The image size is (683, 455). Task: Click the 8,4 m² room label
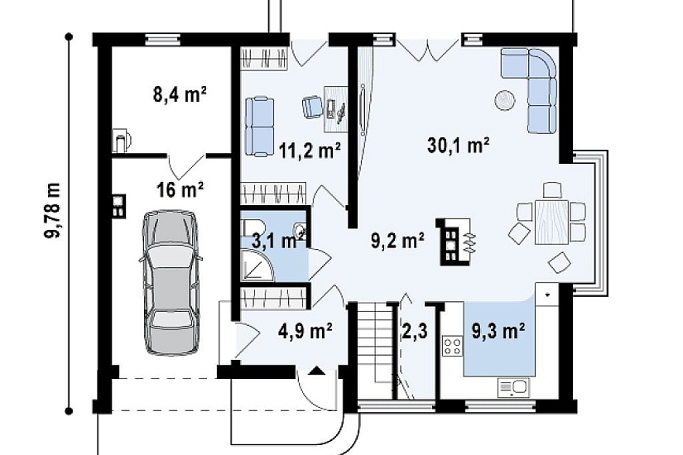(x=180, y=94)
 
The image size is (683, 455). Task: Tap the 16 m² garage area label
(x=180, y=189)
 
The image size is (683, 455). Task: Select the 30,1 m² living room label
(x=458, y=146)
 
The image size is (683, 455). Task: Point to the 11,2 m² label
(x=310, y=151)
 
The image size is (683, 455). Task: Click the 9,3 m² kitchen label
(x=498, y=332)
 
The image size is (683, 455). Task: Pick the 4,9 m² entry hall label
(x=305, y=332)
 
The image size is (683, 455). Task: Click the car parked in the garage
(x=171, y=283)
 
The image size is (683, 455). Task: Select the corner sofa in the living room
(x=529, y=89)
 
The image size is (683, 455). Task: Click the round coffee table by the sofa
(x=505, y=100)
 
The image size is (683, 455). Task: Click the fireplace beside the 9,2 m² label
(x=455, y=242)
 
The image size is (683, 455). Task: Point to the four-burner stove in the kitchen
(x=453, y=346)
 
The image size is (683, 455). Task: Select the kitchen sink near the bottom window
(x=512, y=387)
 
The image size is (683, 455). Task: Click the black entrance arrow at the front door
(x=317, y=371)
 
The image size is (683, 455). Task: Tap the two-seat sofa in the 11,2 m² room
(x=260, y=127)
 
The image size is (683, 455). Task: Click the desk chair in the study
(x=312, y=107)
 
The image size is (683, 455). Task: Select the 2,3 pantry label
(x=414, y=332)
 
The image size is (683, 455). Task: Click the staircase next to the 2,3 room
(x=377, y=351)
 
